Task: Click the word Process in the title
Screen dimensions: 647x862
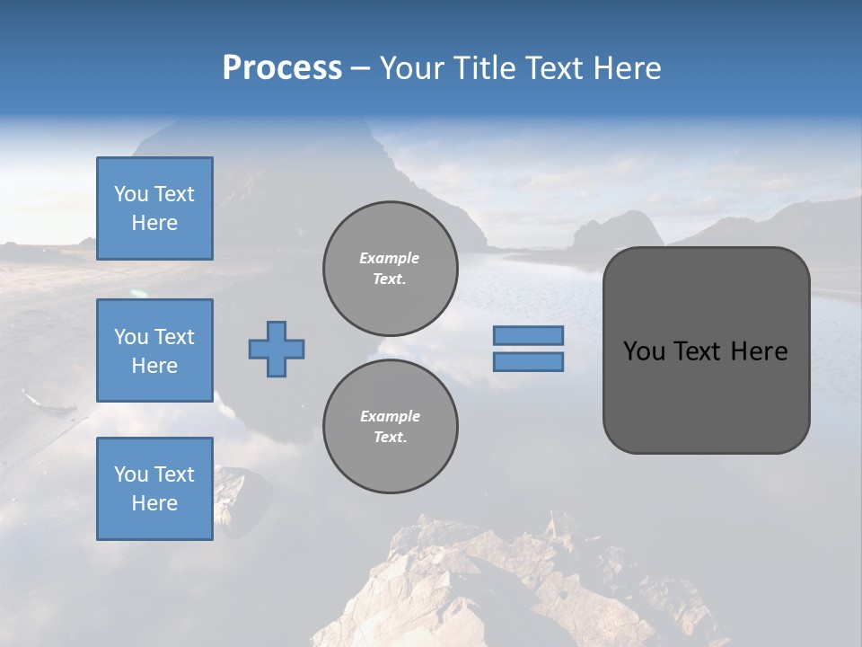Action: pyautogui.click(x=282, y=68)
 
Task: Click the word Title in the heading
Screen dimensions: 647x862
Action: pyautogui.click(x=485, y=68)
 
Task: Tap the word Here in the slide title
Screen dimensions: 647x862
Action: pyautogui.click(x=628, y=68)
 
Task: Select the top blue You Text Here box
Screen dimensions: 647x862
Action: pyautogui.click(x=154, y=208)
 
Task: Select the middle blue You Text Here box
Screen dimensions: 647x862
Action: pyautogui.click(x=154, y=350)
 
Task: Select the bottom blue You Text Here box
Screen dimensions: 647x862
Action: pyautogui.click(x=154, y=489)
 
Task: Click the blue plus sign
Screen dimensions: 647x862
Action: pyautogui.click(x=277, y=349)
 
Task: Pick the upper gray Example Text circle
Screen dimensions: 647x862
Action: pyautogui.click(x=390, y=269)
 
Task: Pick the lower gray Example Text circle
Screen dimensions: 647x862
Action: pyautogui.click(x=390, y=427)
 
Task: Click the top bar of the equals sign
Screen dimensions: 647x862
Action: pyautogui.click(x=528, y=336)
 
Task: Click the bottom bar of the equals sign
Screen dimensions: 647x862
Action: pyautogui.click(x=528, y=362)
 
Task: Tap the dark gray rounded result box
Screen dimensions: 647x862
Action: pyautogui.click(x=706, y=395)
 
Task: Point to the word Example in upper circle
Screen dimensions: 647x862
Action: pyautogui.click(x=390, y=258)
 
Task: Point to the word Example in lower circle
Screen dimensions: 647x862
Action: pyautogui.click(x=390, y=416)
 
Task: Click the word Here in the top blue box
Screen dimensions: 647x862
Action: pyautogui.click(x=154, y=223)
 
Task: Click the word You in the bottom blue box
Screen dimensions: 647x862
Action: pyautogui.click(x=130, y=474)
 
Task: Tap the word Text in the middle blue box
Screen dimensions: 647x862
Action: pyautogui.click(x=173, y=337)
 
